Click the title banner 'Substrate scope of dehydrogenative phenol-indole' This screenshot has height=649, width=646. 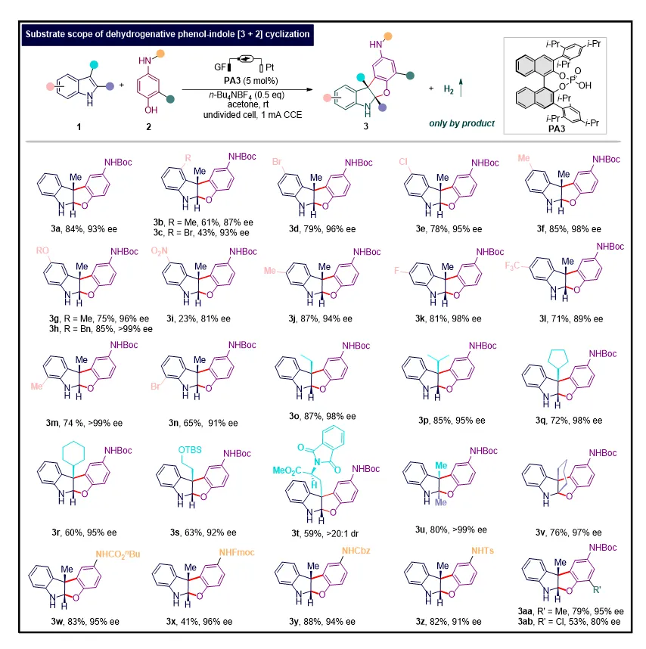click(168, 34)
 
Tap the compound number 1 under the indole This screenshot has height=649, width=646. click(79, 126)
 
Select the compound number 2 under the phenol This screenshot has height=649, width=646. click(148, 126)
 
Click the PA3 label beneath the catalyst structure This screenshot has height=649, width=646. click(557, 129)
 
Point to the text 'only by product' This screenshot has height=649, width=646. click(462, 123)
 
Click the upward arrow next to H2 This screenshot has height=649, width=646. click(461, 87)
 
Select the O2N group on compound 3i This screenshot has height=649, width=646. click(160, 251)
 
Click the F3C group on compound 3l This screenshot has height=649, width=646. click(512, 265)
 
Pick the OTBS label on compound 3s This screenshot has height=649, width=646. click(190, 450)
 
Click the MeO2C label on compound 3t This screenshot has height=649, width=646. click(287, 470)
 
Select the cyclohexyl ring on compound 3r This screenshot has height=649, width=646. click(73, 452)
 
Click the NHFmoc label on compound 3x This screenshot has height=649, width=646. click(237, 553)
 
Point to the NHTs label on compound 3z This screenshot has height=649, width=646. click(483, 551)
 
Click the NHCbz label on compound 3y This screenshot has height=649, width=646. click(356, 551)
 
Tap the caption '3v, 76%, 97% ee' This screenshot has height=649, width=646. click(568, 533)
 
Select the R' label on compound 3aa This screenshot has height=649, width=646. click(597, 589)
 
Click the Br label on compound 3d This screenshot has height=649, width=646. click(278, 161)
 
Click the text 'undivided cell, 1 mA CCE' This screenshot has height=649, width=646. click(253, 115)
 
